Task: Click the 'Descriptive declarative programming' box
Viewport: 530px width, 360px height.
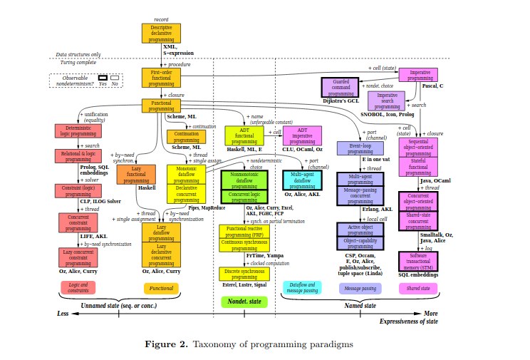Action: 157,33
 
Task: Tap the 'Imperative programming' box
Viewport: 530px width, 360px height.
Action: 418,76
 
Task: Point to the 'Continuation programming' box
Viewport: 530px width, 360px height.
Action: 186,136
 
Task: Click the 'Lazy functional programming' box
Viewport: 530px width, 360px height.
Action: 136,175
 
